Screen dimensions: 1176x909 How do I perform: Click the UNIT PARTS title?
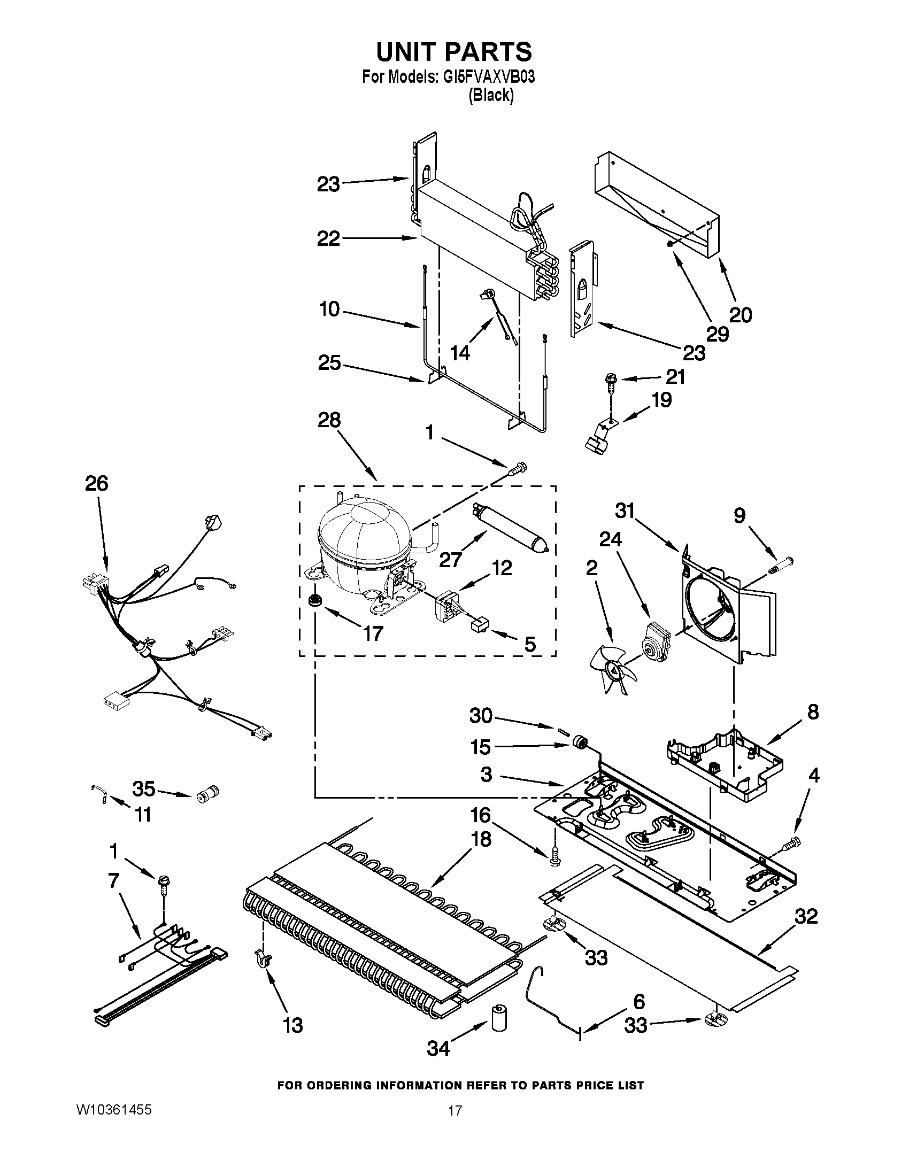click(x=453, y=52)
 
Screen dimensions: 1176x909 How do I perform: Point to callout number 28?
click(x=329, y=420)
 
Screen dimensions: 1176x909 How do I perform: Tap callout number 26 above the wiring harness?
click(x=96, y=484)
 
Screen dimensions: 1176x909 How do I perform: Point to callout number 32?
click(x=806, y=916)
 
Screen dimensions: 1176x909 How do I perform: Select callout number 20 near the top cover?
click(x=740, y=314)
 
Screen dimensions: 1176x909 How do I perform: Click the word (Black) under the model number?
click(x=490, y=95)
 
